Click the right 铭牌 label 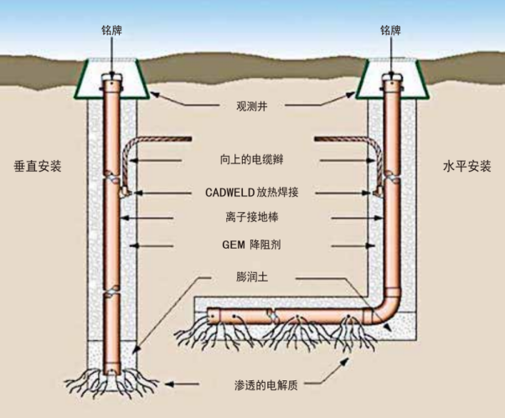[391, 30]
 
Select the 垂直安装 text [39, 166]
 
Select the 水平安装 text [466, 166]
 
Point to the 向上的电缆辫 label [251, 159]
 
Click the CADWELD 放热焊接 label [251, 191]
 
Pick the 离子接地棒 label [251, 218]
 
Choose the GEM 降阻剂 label [251, 245]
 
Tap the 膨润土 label [252, 276]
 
